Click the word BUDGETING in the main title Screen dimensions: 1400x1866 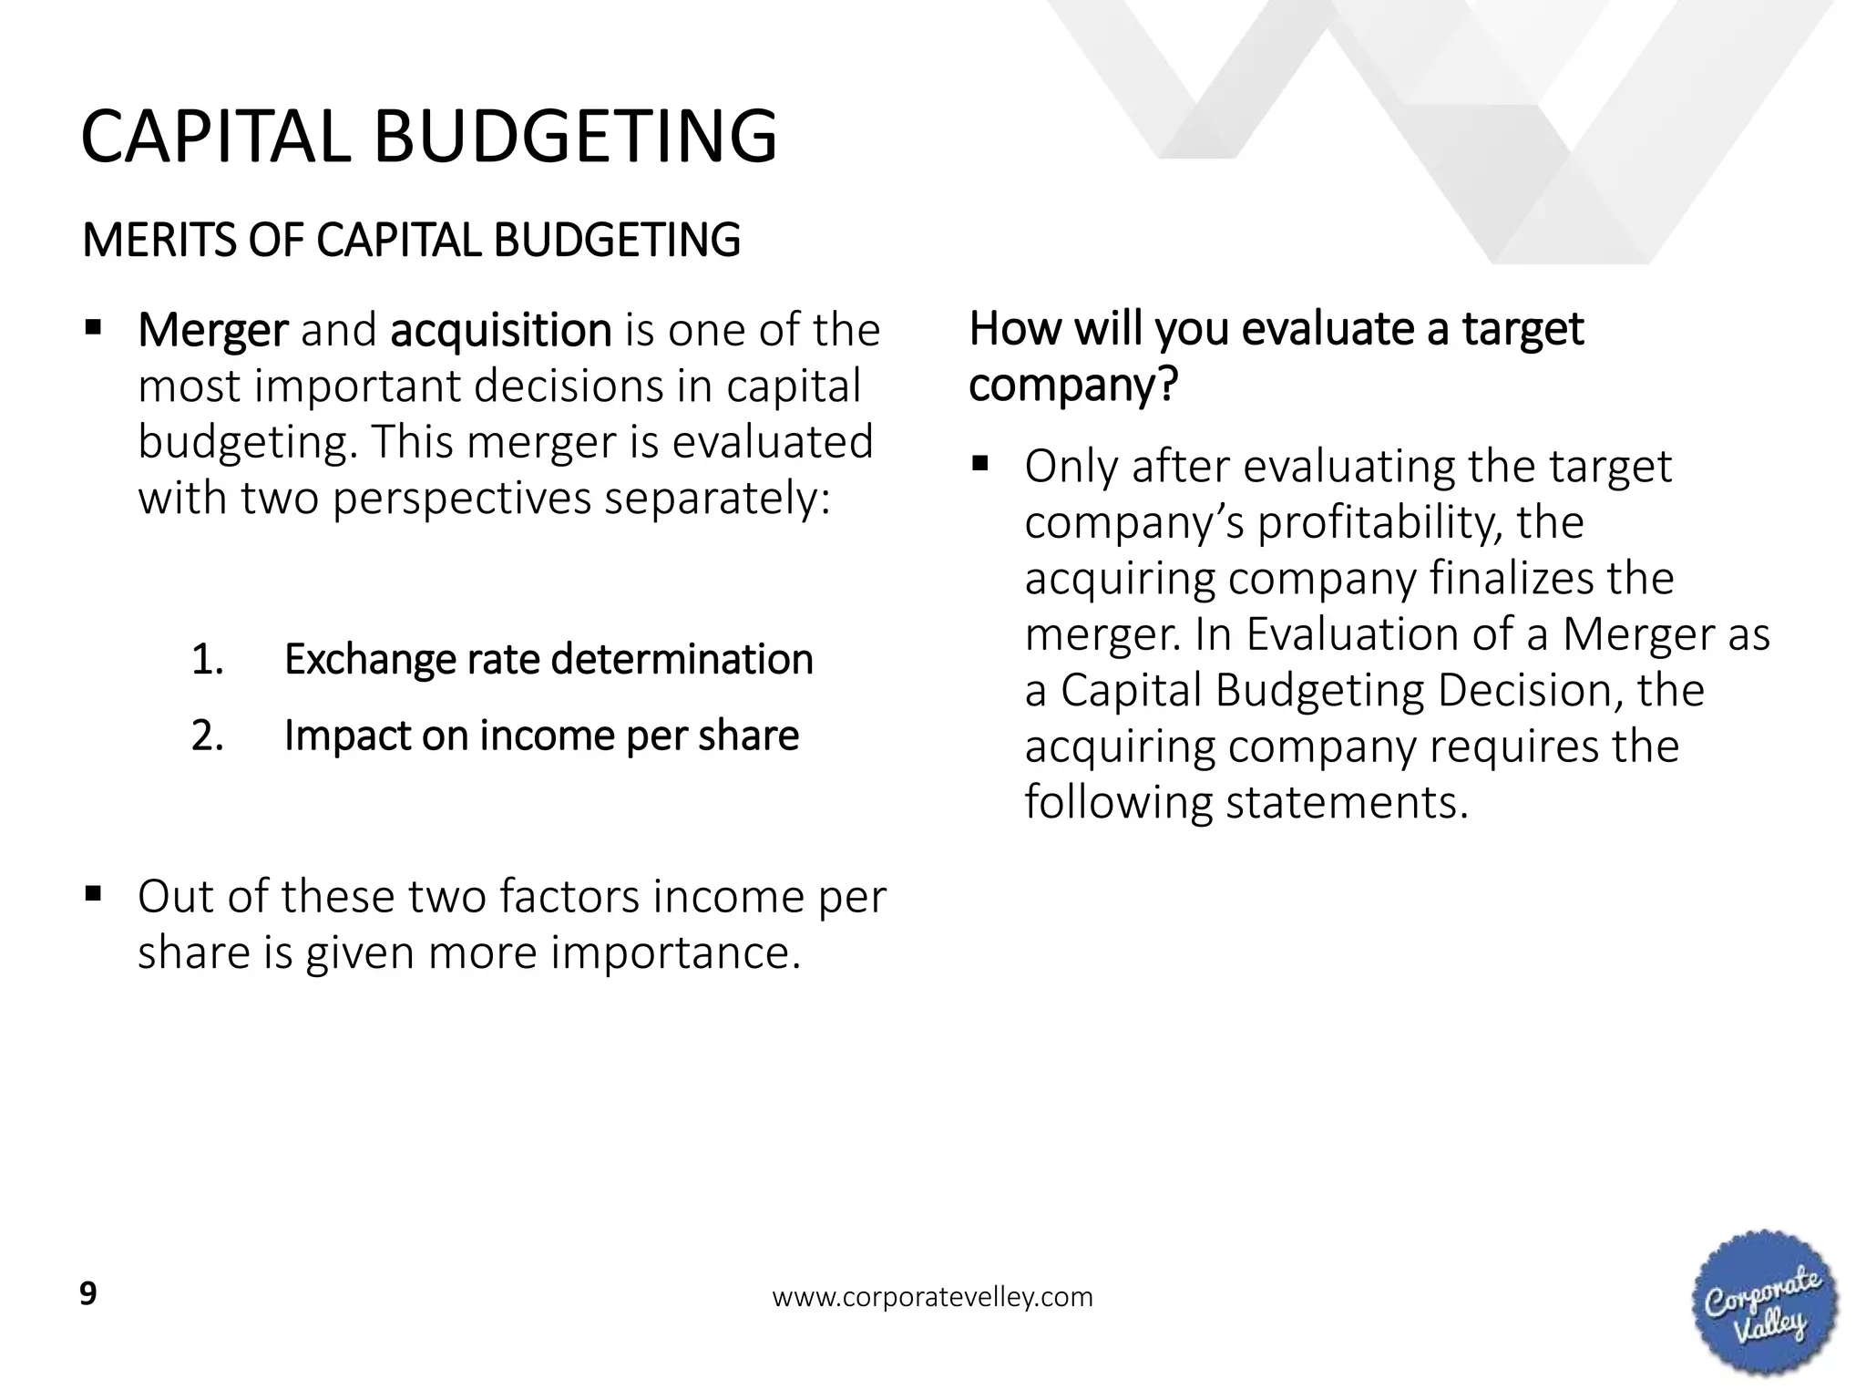click(x=576, y=137)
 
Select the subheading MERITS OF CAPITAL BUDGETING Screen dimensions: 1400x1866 click(x=411, y=241)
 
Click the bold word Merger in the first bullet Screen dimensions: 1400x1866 click(x=212, y=330)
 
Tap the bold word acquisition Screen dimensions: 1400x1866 click(x=500, y=330)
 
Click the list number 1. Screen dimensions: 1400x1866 click(x=208, y=659)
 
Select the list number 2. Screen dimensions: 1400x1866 click(x=208, y=736)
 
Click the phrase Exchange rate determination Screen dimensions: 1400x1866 click(x=548, y=659)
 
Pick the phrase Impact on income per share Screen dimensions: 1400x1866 click(x=541, y=736)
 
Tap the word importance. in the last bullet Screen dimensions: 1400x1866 click(x=675, y=952)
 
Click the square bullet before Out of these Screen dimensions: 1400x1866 click(x=92, y=892)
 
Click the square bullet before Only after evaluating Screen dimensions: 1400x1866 click(x=979, y=463)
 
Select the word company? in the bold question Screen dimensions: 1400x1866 click(x=1073, y=385)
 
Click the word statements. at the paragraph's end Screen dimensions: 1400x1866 click(x=1347, y=803)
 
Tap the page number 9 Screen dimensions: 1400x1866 click(x=88, y=1294)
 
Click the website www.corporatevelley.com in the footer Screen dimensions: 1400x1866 click(x=932, y=1297)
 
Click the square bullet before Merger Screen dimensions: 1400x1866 click(x=92, y=326)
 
